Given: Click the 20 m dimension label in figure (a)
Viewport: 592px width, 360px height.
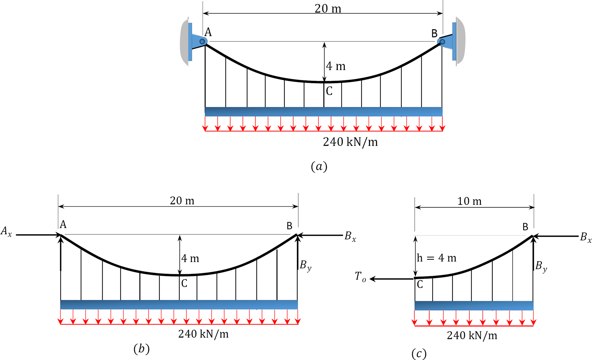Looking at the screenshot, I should (328, 9).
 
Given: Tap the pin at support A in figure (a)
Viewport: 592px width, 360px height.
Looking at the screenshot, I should (202, 41).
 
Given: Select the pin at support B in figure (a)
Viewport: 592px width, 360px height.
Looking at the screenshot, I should (442, 42).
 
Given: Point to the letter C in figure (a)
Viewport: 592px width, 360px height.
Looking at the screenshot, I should (329, 91).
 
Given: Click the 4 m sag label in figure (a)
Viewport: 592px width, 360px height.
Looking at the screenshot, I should (335, 66).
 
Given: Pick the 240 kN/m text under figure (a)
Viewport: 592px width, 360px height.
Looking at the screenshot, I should (350, 142).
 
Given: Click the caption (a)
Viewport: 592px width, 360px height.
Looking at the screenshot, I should (319, 167).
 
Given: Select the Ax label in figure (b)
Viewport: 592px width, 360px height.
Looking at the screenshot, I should (6, 231).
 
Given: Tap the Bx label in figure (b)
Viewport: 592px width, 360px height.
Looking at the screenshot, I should (350, 237).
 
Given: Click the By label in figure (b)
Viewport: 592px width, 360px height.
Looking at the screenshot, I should (305, 265).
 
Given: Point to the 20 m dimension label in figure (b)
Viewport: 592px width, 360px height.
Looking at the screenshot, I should (182, 201).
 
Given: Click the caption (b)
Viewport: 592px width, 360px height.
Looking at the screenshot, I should (141, 349).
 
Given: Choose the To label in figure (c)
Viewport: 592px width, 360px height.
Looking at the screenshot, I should (360, 277).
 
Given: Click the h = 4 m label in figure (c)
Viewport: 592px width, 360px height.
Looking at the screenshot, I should (436, 258).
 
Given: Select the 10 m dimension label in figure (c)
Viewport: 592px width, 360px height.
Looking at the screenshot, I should (469, 201).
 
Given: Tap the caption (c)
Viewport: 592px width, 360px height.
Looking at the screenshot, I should (419, 354).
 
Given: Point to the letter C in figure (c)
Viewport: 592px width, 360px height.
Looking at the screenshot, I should (420, 285).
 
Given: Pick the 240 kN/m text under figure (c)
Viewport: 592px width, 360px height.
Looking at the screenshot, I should (472, 336).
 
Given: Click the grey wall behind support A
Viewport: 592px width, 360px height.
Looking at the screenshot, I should (184, 42).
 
